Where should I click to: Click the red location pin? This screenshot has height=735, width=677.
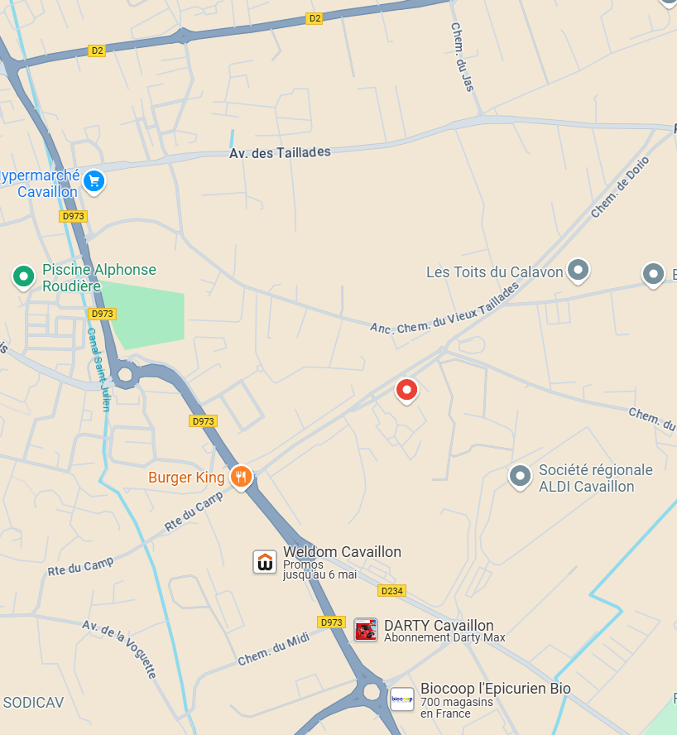(x=406, y=389)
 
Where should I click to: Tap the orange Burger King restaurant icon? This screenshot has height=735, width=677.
(x=241, y=476)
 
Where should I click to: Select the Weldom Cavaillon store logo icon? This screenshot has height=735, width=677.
(x=265, y=562)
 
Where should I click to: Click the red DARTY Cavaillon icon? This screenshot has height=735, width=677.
(x=366, y=630)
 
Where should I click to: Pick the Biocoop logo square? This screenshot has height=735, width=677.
(x=402, y=699)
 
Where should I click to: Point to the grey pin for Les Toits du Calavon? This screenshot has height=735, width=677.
(x=578, y=270)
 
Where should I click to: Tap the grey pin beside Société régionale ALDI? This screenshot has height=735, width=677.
(x=520, y=476)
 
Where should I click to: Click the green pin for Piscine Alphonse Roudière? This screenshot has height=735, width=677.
(x=23, y=276)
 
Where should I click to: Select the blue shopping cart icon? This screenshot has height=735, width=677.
(x=94, y=180)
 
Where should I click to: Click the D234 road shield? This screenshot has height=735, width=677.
(x=391, y=590)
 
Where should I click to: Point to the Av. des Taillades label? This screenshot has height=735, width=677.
(x=280, y=152)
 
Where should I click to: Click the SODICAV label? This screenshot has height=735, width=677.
(x=33, y=703)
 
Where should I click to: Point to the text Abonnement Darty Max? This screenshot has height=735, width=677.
(x=444, y=637)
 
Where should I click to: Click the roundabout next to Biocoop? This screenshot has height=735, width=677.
(x=371, y=691)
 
